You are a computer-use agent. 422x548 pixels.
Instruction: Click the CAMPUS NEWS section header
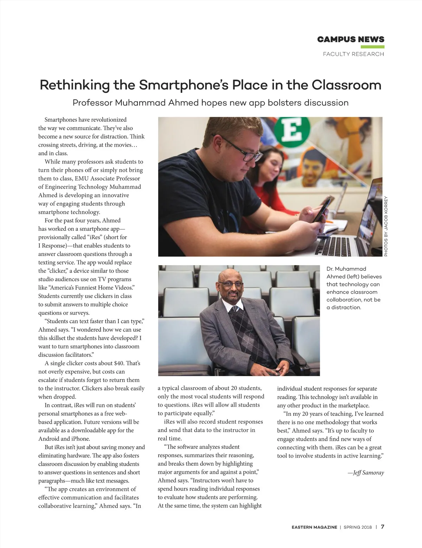(351, 39)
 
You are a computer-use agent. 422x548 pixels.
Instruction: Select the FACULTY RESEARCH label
(353, 54)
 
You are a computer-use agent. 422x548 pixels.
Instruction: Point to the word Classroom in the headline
(347, 85)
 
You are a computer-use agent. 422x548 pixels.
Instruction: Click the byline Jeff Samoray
(366, 473)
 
